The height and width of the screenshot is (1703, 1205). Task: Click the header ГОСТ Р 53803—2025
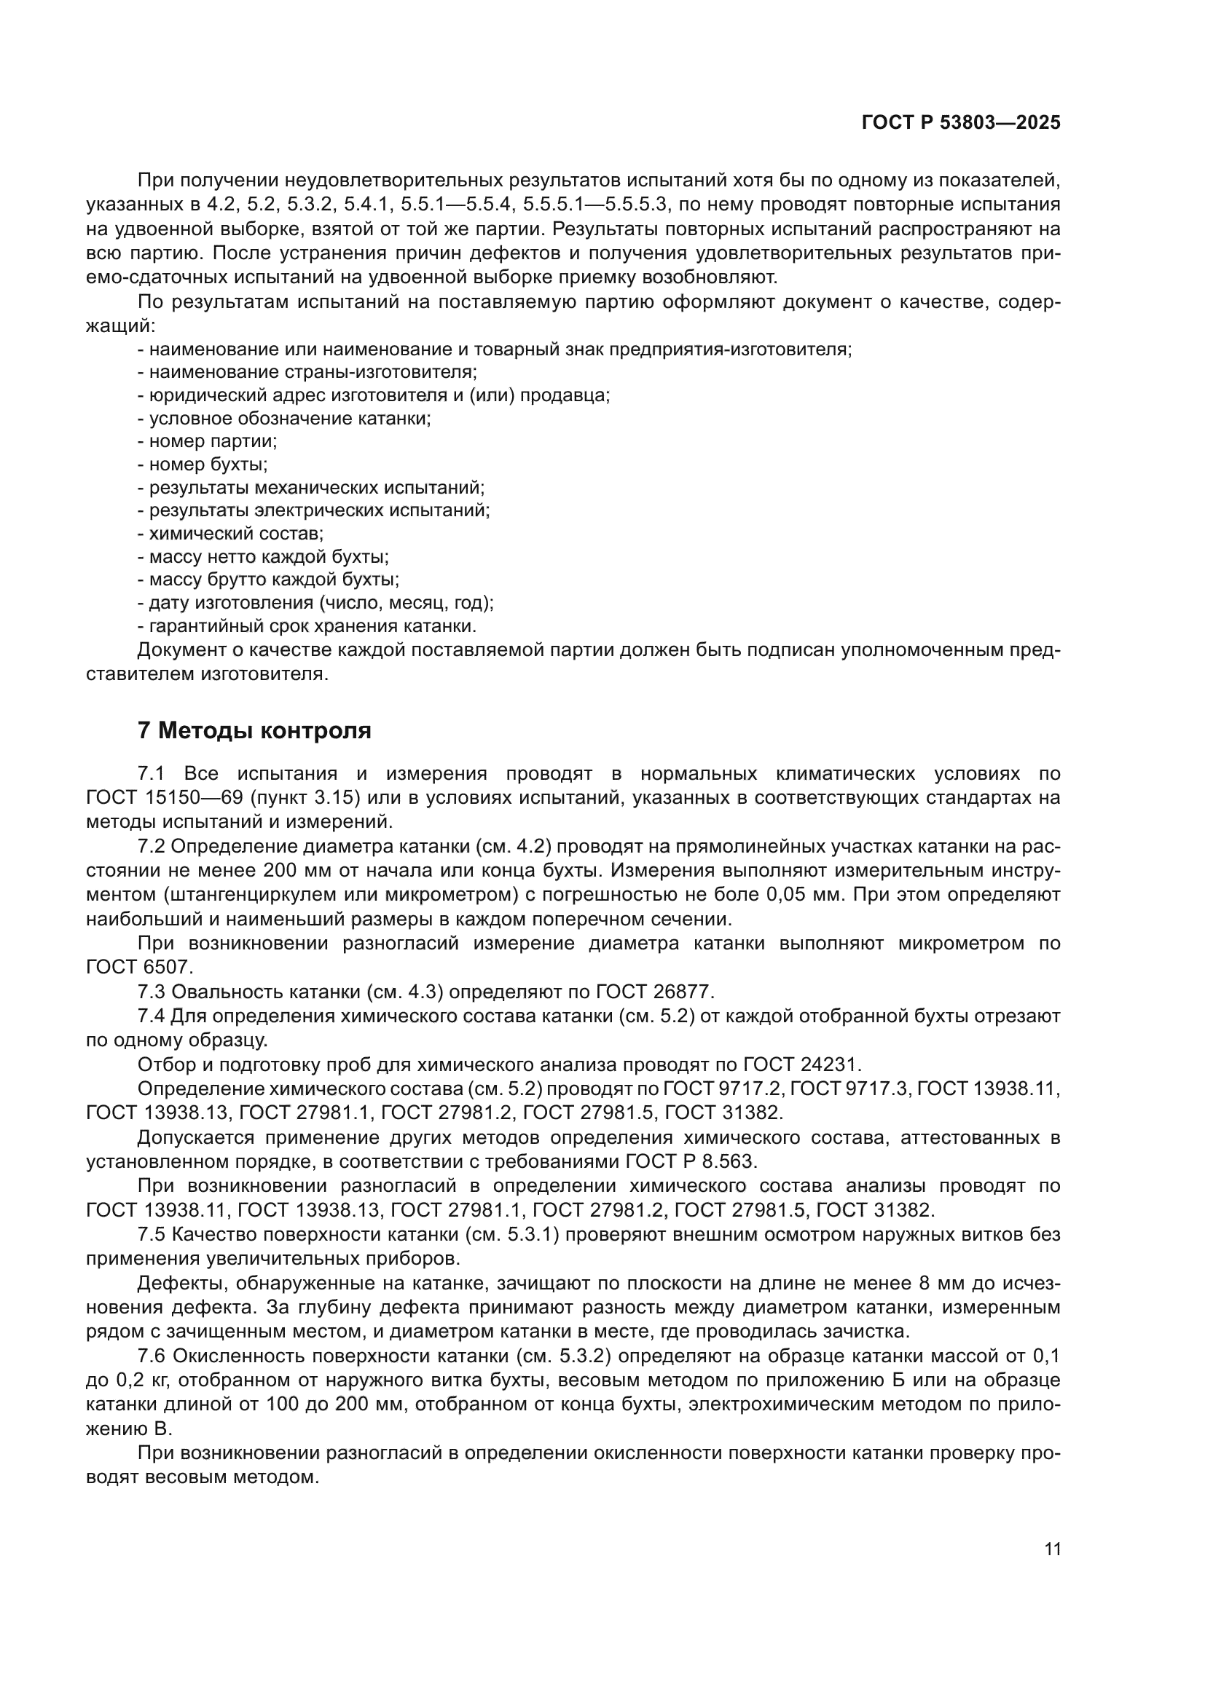click(960, 123)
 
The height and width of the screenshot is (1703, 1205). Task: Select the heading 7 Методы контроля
click(254, 730)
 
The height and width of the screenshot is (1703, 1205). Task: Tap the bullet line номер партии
click(208, 441)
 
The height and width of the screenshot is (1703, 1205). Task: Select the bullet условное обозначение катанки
click(284, 419)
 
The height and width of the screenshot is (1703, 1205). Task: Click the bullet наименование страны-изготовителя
click(307, 371)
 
